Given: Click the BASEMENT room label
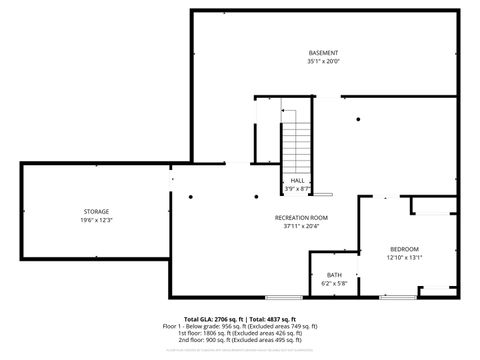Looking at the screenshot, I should tap(322, 52).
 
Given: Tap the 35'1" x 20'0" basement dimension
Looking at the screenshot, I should tap(322, 60).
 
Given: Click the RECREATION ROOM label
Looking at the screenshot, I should tap(301, 217).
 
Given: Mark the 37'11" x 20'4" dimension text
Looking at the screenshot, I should tap(301, 225).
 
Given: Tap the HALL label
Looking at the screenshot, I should tap(298, 180).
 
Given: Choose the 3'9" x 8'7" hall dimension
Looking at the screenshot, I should tap(298, 188).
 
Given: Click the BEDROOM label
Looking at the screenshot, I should tap(404, 248).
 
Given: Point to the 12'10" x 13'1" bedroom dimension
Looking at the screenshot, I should tap(404, 257).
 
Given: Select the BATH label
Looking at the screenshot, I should tap(334, 276).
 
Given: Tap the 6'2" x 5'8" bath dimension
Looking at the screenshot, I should tap(334, 284).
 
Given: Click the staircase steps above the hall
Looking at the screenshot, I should tap(297, 146).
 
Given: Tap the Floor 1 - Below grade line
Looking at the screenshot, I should tap(240, 326).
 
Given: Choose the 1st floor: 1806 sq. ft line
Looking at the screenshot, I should tap(240, 333).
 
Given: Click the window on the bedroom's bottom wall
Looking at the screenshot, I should tap(398, 297).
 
